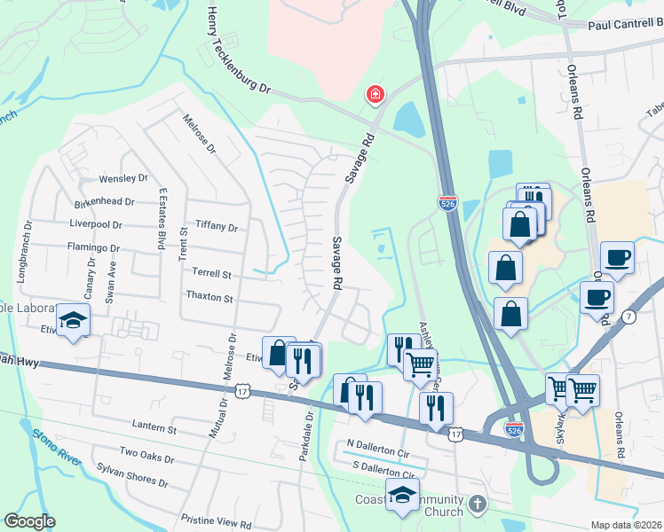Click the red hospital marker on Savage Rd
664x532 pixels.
375,93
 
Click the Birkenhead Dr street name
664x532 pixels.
104,201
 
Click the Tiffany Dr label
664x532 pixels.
217,228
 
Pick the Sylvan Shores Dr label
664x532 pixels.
133,474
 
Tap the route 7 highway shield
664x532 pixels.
629,317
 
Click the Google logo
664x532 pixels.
29,521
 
